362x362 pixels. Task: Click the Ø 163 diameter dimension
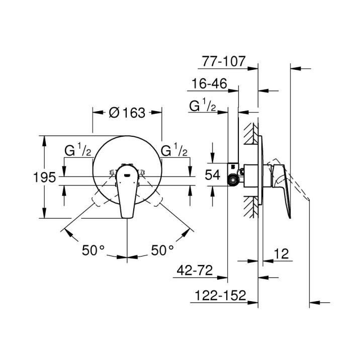[127, 113]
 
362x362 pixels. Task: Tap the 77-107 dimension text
[223, 61]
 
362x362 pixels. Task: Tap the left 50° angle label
[93, 249]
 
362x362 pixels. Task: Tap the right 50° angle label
[162, 249]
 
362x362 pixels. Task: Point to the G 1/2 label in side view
[203, 106]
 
